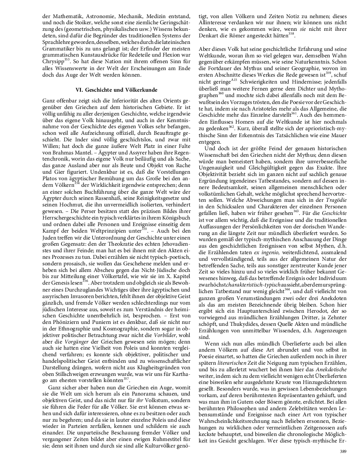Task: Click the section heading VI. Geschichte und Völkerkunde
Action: pos(116,90)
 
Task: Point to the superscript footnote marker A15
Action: pos(234,79)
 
